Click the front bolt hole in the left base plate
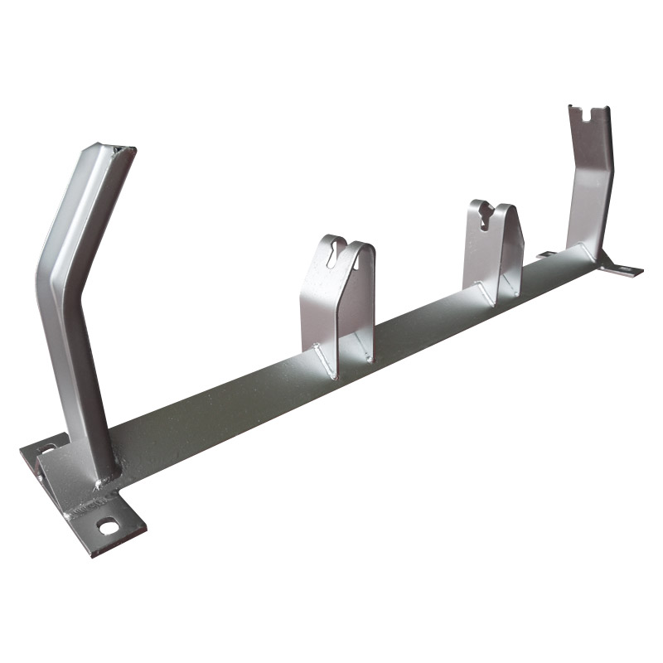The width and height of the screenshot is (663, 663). (107, 525)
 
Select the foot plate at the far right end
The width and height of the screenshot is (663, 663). (622, 269)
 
